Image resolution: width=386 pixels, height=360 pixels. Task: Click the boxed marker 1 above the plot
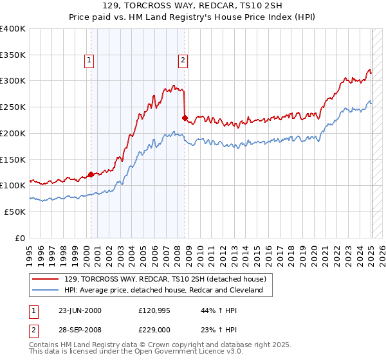[89, 61]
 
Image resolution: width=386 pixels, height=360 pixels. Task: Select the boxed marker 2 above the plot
[183, 61]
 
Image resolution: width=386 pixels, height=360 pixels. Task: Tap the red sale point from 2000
[91, 174]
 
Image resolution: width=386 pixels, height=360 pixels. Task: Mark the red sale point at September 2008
[185, 118]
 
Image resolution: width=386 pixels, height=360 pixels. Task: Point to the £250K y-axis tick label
[13, 107]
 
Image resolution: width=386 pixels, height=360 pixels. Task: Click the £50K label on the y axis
[15, 212]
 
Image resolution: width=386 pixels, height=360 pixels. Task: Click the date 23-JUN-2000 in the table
[80, 310]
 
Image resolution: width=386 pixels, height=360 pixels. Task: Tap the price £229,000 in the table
[155, 330]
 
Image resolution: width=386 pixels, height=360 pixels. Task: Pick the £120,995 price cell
[155, 310]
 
